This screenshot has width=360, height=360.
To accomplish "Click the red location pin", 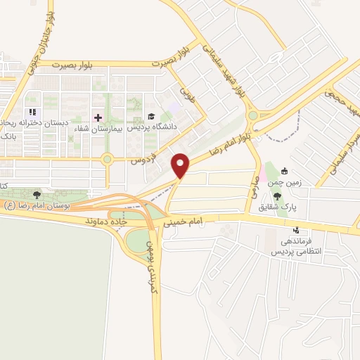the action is pos(181,165).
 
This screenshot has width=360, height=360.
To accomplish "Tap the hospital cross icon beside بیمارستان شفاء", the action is pos(97,117).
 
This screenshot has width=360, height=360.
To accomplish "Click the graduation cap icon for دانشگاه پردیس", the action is pos(150,117).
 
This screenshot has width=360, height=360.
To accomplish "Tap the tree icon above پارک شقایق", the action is pos(288,195).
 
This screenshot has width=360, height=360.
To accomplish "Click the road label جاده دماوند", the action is pos(117,220).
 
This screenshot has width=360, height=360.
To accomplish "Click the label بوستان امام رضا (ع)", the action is pos(39,205).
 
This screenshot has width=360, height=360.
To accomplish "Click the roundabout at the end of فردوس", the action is pos(107,159).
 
